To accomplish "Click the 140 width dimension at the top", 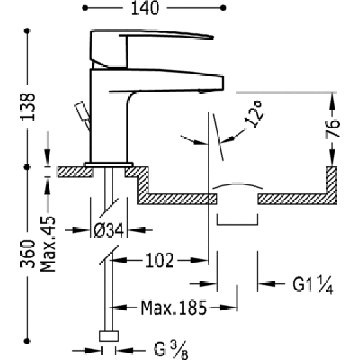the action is (145, 8).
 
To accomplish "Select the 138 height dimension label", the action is (28, 107).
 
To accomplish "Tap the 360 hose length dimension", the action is (28, 254).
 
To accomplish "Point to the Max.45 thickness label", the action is (47, 244).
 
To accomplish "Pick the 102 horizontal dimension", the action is (160, 260).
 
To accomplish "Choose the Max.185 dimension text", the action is (173, 308).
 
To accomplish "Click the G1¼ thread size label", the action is (313, 284).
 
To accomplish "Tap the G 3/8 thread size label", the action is (171, 350).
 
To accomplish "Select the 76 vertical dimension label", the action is (332, 128).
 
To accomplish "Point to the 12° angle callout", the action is (253, 114).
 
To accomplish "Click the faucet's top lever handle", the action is (152, 49).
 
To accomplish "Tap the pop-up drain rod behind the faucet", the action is (83, 116).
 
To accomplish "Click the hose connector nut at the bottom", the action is (109, 336).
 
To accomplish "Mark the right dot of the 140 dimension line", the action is (223, 8).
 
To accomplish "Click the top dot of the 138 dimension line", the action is (27, 31).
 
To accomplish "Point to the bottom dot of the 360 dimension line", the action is (27, 341).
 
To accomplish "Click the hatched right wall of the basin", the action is (332, 185).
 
